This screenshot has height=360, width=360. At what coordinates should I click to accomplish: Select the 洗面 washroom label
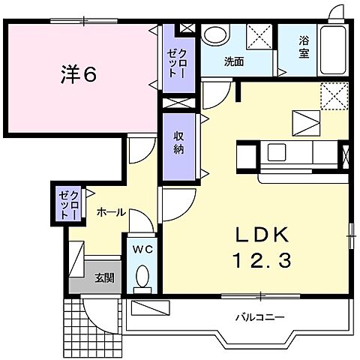(232, 62)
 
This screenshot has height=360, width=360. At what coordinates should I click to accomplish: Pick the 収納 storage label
(179, 142)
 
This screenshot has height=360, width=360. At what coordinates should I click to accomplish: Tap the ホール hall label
(110, 213)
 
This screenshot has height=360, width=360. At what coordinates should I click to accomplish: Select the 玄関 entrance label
(104, 277)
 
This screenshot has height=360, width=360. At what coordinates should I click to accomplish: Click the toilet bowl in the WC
(142, 280)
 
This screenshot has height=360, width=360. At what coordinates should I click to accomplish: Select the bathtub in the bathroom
(331, 49)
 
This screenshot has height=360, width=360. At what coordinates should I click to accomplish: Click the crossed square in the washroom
(260, 35)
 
